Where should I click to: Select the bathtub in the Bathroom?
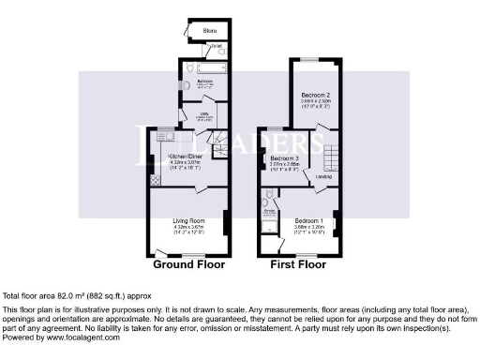pos(204,68)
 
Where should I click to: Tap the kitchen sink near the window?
pos(165,139)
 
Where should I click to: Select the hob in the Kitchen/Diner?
pos(154,180)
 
